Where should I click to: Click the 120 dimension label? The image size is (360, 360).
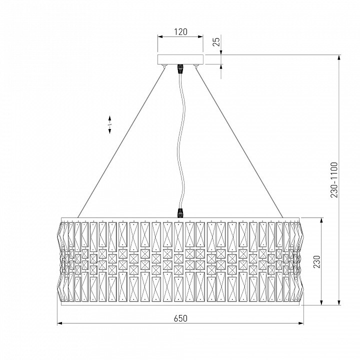(180, 32)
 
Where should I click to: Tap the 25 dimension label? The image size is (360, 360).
(216, 41)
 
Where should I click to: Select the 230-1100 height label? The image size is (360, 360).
(334, 180)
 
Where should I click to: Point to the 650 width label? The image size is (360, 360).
(180, 318)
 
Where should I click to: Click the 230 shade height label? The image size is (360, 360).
(316, 261)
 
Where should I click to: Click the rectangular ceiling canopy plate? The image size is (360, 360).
(180, 59)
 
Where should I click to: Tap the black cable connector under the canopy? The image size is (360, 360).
(180, 68)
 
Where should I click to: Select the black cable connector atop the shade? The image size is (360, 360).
(180, 213)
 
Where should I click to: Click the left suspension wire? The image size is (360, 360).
(121, 142)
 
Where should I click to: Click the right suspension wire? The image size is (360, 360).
(239, 142)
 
